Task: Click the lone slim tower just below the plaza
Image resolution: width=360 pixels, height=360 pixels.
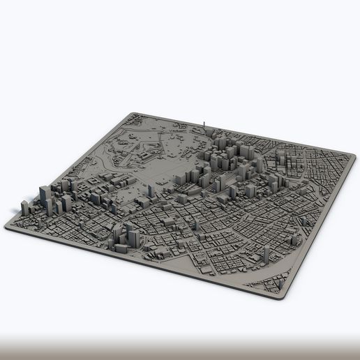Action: (170, 222)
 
